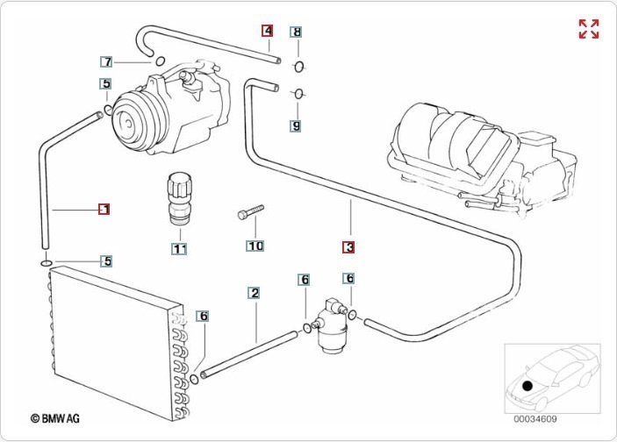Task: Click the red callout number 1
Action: pos(104,209)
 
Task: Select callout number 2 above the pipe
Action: pos(255,292)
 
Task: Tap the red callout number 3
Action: pos(348,247)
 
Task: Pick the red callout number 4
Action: pos(268,31)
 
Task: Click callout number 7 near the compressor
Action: pos(106,62)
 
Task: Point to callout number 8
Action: pos(297,32)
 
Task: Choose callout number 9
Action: pos(297,125)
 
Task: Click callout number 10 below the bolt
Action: pos(255,246)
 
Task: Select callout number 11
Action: pos(179,249)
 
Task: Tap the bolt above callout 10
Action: pos(249,212)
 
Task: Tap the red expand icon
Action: pos(589,29)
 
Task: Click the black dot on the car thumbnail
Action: pos(527,385)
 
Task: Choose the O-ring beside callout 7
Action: pos(160,61)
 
